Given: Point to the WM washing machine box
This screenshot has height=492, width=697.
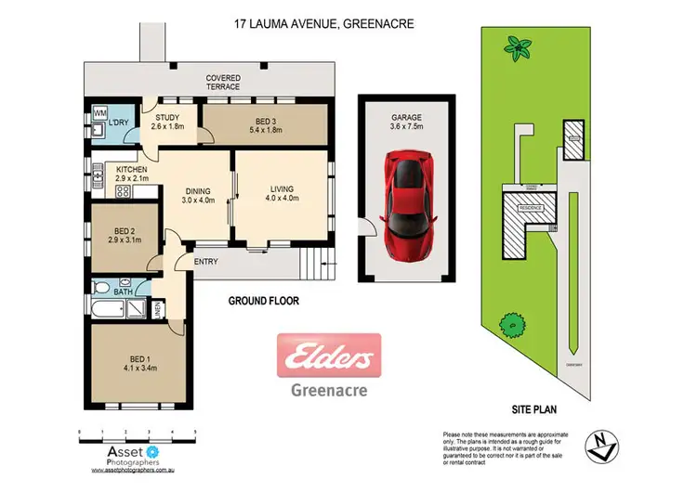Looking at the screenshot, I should (x=99, y=114).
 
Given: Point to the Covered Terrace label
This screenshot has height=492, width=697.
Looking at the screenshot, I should (x=223, y=83).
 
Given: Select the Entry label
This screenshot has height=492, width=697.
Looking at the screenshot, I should (x=205, y=262).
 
